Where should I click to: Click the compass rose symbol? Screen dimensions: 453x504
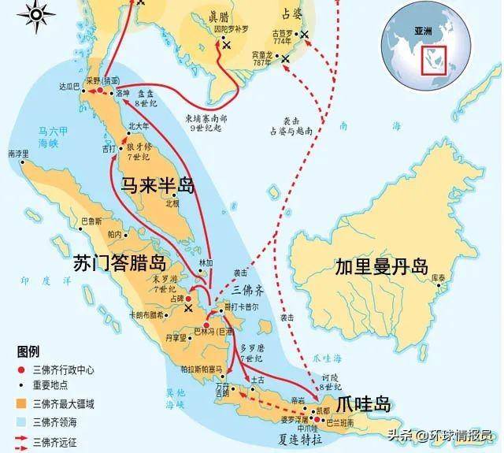click(40, 13)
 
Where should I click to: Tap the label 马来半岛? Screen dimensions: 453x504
click(157, 185)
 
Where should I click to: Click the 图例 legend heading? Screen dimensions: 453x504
click(29, 351)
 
